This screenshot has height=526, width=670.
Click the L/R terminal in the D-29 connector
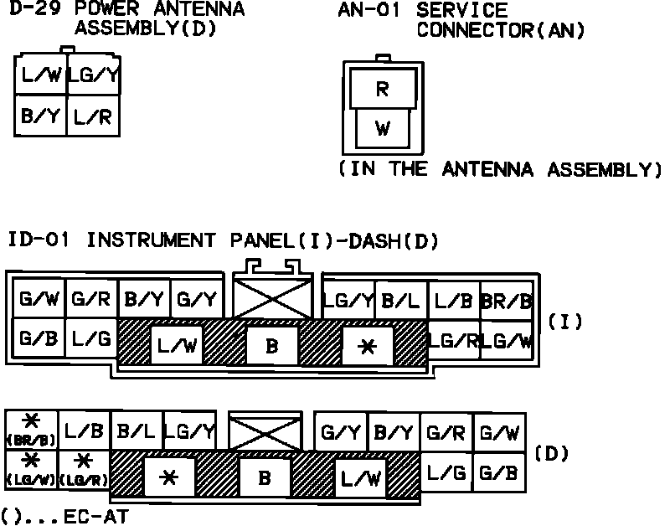pyautogui.click(x=92, y=116)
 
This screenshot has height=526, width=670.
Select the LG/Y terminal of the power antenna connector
pyautogui.click(x=92, y=76)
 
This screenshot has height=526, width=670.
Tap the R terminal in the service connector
pyautogui.click(x=382, y=90)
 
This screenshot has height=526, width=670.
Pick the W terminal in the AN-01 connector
pyautogui.click(x=382, y=128)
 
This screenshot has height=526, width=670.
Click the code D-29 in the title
pyautogui.click(x=32, y=10)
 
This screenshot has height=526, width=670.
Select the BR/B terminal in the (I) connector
pyautogui.click(x=506, y=300)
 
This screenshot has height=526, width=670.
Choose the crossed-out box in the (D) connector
pyautogui.click(x=265, y=432)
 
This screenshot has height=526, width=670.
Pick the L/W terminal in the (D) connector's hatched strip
pyautogui.click(x=361, y=478)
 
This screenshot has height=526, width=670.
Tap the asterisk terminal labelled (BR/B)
pyautogui.click(x=31, y=431)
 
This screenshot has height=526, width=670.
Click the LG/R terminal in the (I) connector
pyautogui.click(x=453, y=340)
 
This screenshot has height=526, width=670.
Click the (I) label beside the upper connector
pyautogui.click(x=565, y=321)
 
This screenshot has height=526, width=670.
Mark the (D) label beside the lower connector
pyautogui.click(x=552, y=454)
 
